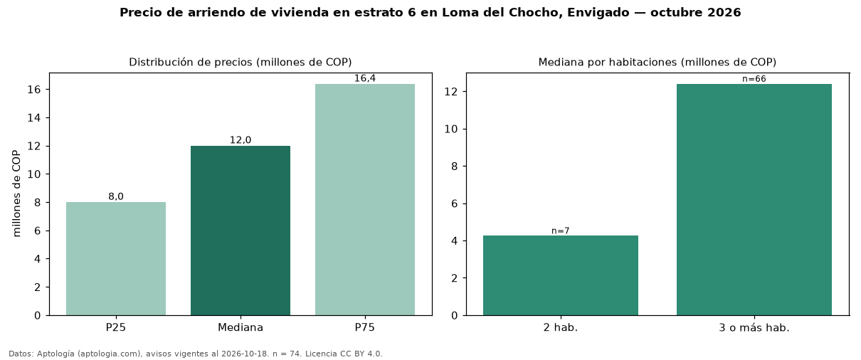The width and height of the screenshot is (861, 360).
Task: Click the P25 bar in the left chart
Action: (x=116, y=258)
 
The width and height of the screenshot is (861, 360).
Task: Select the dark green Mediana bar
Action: (x=241, y=231)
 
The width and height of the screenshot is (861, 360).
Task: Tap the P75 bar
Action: (x=365, y=199)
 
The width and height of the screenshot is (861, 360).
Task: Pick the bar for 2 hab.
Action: (x=561, y=275)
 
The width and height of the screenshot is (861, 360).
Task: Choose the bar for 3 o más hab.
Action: (x=754, y=199)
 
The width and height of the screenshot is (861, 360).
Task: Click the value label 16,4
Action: (x=365, y=78)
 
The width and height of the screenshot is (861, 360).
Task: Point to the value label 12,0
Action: (x=241, y=140)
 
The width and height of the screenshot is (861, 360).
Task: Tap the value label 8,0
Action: (x=116, y=196)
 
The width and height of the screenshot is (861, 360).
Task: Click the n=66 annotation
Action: (x=754, y=79)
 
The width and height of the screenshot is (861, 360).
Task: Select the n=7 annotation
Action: (x=561, y=231)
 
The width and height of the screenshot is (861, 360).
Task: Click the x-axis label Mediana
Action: (x=241, y=327)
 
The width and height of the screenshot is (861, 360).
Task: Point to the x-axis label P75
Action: (x=365, y=327)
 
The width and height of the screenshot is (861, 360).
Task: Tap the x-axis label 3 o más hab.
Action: (x=754, y=328)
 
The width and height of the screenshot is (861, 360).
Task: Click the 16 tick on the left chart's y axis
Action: (x=34, y=90)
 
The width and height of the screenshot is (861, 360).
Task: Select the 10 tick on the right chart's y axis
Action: (x=451, y=129)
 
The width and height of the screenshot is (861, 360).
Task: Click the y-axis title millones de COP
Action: (x=16, y=194)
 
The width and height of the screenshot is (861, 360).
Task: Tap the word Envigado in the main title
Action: (x=598, y=13)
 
